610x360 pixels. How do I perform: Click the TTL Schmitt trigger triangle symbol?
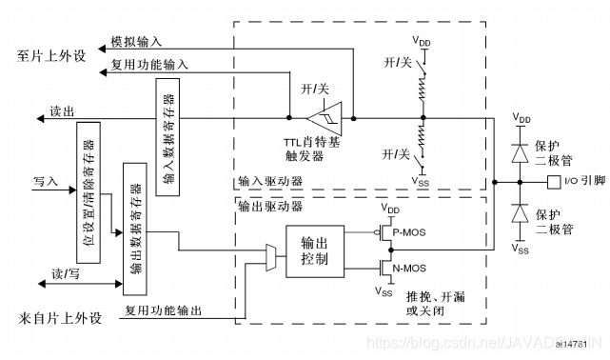pyautogui.click(x=333, y=118)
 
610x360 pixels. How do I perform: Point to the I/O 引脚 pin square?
pyautogui.click(x=553, y=181)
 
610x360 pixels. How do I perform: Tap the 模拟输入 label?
pyautogui.click(x=137, y=43)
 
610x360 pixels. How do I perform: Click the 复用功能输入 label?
pyautogui.click(x=150, y=65)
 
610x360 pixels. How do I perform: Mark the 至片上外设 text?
pyautogui.click(x=52, y=54)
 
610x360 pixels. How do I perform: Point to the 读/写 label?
pyautogui.click(x=63, y=273)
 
